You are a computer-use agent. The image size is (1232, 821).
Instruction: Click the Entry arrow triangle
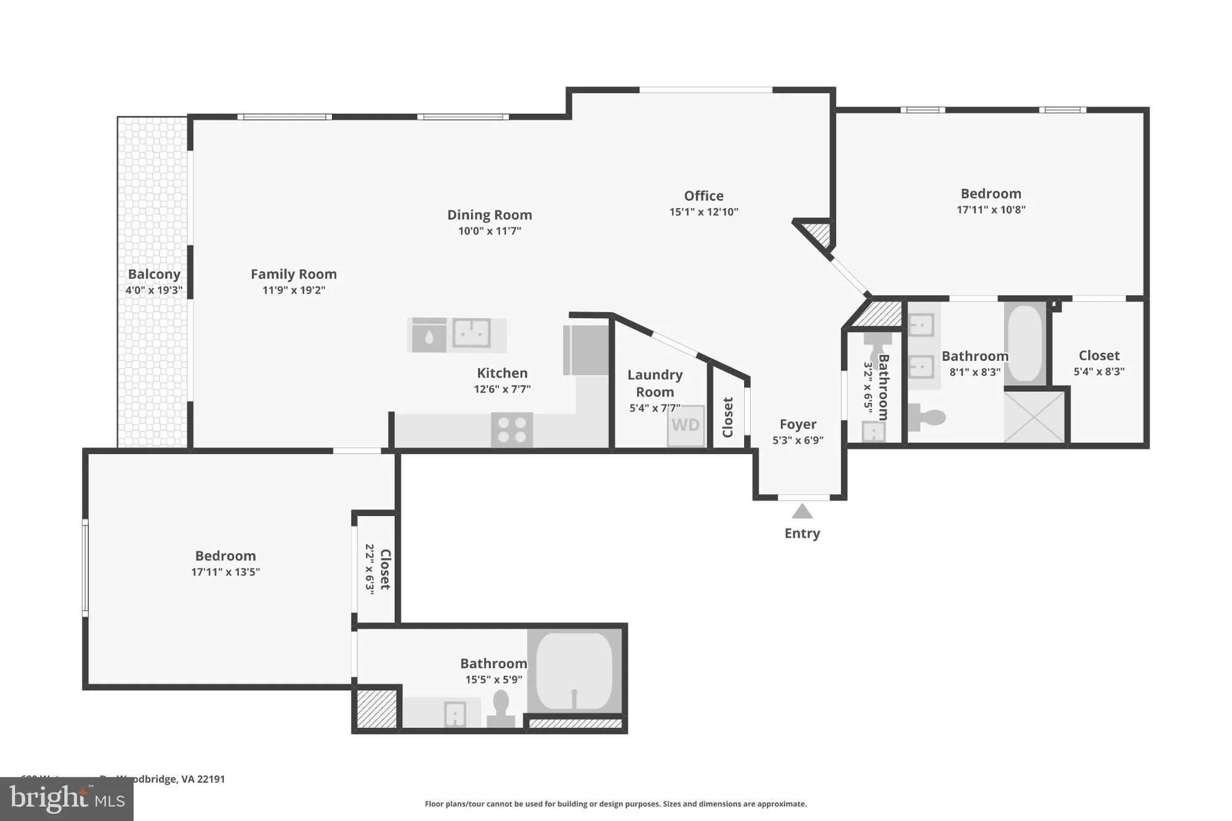click(801, 511)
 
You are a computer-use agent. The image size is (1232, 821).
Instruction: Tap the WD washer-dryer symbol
click(686, 425)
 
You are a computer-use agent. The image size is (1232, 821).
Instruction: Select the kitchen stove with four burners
click(512, 430)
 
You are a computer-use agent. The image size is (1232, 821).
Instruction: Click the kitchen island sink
click(472, 333)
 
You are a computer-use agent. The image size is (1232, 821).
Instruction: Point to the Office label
click(703, 196)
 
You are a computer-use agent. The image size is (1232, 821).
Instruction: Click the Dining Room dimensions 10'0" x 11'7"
click(489, 231)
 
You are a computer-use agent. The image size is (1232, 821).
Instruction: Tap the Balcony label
click(154, 274)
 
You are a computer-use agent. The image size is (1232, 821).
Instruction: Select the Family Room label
click(293, 274)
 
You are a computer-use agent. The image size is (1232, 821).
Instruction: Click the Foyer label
click(798, 424)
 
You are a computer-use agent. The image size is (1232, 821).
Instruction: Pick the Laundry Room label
click(654, 383)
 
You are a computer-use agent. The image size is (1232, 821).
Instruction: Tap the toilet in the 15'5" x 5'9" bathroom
click(501, 708)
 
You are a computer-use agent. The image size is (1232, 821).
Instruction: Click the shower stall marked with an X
click(1034, 417)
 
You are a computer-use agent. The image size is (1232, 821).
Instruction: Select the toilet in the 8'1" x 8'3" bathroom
click(927, 418)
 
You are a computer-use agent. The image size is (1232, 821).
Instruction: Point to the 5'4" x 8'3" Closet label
click(1099, 355)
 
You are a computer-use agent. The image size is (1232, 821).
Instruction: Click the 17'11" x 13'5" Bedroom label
click(225, 556)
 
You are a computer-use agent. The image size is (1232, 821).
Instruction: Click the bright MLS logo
click(67, 799)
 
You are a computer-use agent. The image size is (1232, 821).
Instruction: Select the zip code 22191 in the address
click(211, 779)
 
